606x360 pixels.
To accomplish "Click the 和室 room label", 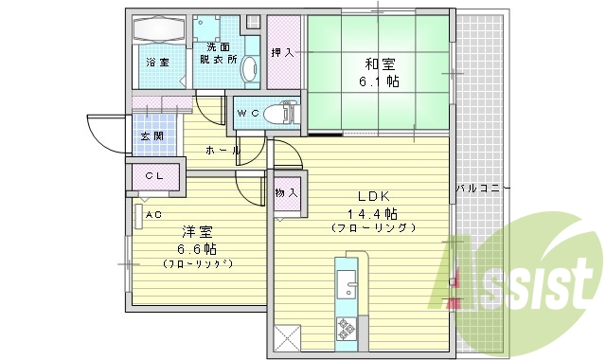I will [380, 65].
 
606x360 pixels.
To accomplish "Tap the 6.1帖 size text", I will [380, 83].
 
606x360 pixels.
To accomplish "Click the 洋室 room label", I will [196, 232].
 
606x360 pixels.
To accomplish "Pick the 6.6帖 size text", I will [196, 248].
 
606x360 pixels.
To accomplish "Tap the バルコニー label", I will [482, 189].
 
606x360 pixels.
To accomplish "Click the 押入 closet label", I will [282, 53].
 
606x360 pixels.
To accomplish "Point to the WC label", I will [247, 114].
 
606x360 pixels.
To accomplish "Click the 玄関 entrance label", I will [151, 136].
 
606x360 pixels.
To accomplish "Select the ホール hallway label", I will [222, 151].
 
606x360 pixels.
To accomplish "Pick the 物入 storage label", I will [287, 192].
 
